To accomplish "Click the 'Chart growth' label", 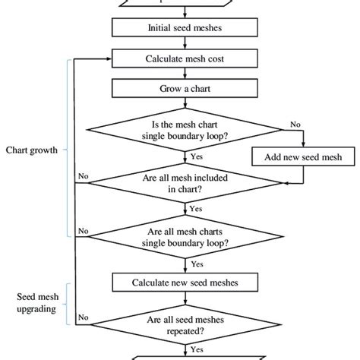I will click(33, 150).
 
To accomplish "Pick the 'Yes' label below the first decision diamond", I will click(197, 156).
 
